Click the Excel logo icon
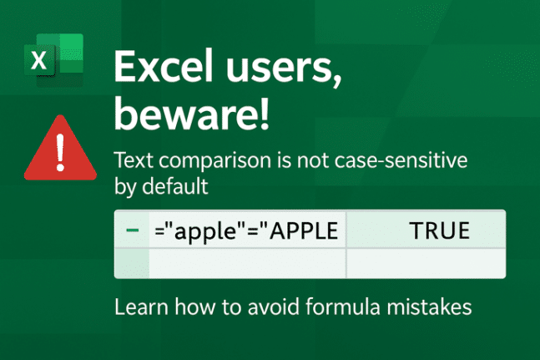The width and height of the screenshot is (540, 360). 54,59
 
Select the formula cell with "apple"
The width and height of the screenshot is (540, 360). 247,230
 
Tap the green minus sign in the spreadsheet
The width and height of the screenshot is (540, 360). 131,230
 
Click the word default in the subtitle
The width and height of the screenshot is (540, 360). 178,186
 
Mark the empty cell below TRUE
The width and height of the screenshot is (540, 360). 425,264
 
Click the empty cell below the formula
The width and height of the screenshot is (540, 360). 247,264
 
